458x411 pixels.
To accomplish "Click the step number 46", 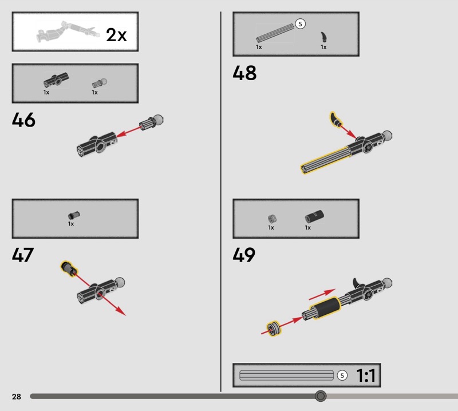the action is pyautogui.click(x=23, y=120).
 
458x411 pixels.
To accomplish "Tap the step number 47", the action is pyautogui.click(x=23, y=255).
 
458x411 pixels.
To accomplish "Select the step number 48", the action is pyautogui.click(x=244, y=73).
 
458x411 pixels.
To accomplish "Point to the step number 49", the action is pyautogui.click(x=244, y=255).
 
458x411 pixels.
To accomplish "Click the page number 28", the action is pyautogui.click(x=17, y=396).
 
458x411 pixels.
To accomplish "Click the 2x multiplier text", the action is pyautogui.click(x=116, y=35).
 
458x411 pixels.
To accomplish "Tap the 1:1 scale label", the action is pyautogui.click(x=366, y=376).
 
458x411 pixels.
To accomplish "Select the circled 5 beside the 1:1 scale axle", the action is pyautogui.click(x=342, y=376).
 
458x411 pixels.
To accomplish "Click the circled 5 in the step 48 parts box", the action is pyautogui.click(x=300, y=24).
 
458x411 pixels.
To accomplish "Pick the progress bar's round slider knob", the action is pyautogui.click(x=321, y=396).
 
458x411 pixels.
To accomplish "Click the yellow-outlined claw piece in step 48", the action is pyautogui.click(x=335, y=120).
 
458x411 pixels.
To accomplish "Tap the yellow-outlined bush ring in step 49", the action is pyautogui.click(x=274, y=329).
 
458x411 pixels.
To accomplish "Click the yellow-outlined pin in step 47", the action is pyautogui.click(x=69, y=268).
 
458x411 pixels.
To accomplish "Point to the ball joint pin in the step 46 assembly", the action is pyautogui.click(x=151, y=122).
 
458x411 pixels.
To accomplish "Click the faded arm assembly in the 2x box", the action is pyautogui.click(x=68, y=31).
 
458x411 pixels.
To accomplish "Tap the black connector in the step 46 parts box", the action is pyautogui.click(x=56, y=80).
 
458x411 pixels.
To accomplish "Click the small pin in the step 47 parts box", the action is pyautogui.click(x=74, y=216).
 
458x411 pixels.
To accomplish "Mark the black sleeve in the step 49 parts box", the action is pyautogui.click(x=314, y=216).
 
